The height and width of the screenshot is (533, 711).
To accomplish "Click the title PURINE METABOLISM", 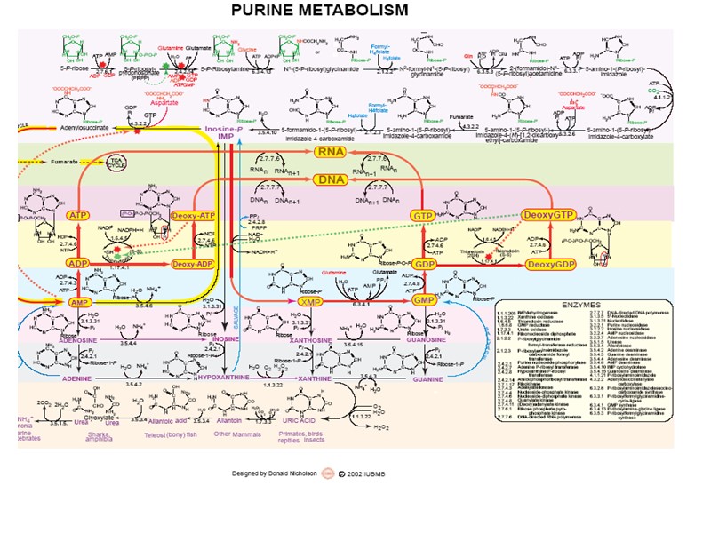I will point(320,11).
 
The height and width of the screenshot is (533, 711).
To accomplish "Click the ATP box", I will point(78,216).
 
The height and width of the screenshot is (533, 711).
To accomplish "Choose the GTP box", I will point(422,216).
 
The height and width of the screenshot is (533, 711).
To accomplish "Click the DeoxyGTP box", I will point(548,216).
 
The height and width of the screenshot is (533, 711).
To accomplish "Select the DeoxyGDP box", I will point(548,264).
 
